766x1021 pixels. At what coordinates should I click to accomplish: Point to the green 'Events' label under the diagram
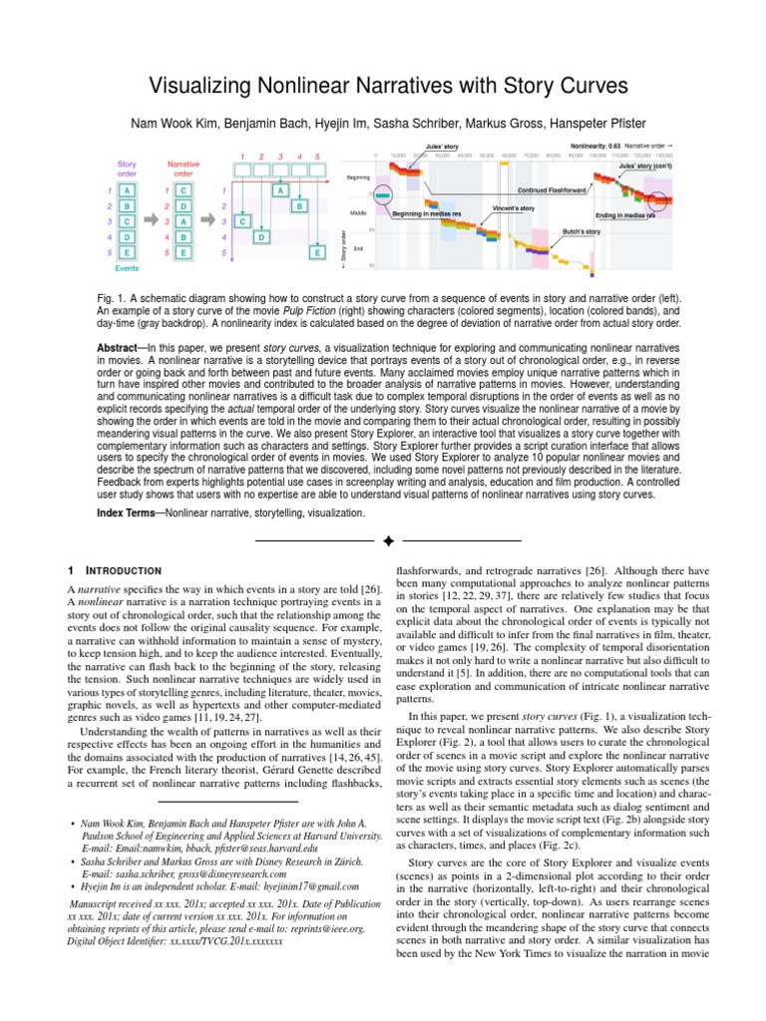coord(127,268)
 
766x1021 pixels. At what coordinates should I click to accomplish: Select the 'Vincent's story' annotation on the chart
coord(514,207)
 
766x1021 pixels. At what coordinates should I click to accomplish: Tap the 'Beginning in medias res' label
coord(430,213)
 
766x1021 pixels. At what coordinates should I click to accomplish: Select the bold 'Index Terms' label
coord(130,512)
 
